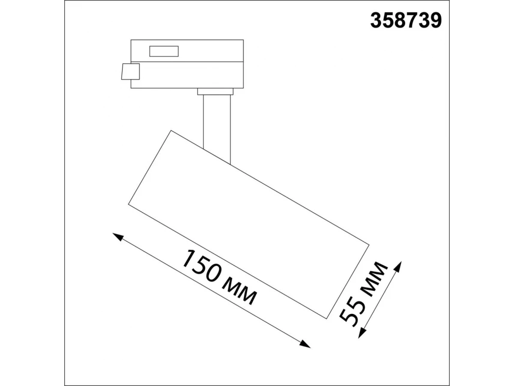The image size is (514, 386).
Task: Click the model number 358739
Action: [406, 21]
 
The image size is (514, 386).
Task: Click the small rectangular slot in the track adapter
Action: [164, 51]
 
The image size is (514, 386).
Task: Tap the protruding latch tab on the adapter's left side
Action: [131, 72]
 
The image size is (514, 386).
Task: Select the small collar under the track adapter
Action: [215, 92]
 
